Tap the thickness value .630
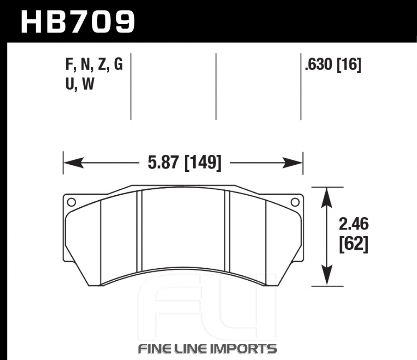(319, 64)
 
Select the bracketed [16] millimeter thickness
(349, 65)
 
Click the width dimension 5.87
(163, 163)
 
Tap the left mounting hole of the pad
(71, 202)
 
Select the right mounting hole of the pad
(295, 202)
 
